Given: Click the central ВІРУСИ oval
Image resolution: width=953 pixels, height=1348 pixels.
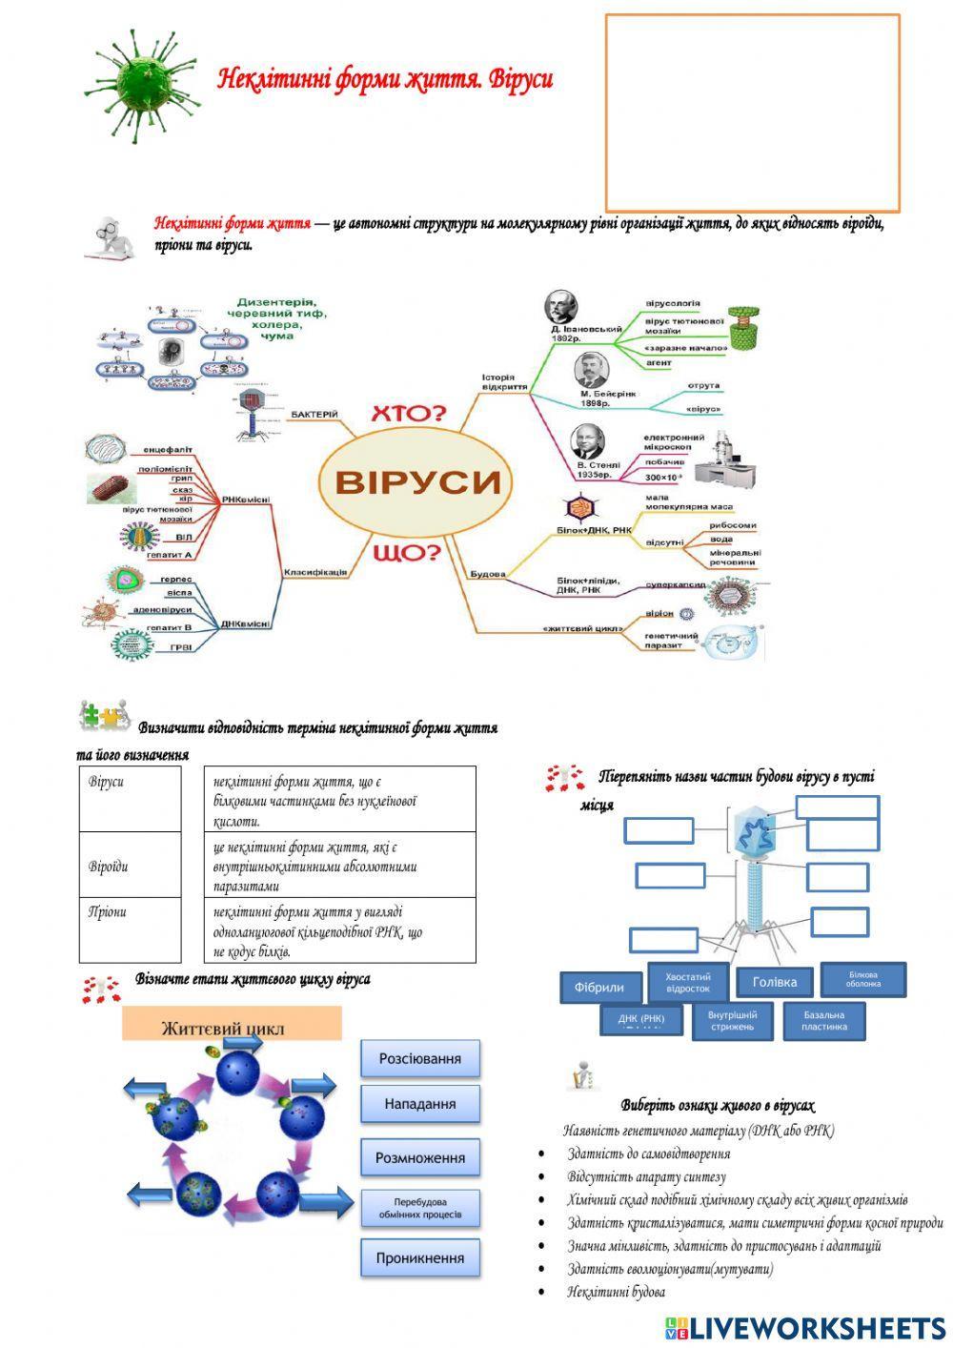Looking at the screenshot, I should [x=416, y=480].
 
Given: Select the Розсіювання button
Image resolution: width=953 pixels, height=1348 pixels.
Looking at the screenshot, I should [x=419, y=1058].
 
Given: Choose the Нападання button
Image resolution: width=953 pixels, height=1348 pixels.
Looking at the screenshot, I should [x=419, y=1104].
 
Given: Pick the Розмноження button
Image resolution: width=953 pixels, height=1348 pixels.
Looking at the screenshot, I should [x=419, y=1158].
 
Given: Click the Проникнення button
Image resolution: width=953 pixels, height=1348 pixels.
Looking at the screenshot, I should [x=419, y=1257].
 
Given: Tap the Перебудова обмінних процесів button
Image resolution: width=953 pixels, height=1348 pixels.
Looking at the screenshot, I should [x=419, y=1208].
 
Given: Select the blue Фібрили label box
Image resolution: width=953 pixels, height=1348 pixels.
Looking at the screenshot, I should [x=599, y=988].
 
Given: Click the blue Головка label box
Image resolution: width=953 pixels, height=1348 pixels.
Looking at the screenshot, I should [x=775, y=982].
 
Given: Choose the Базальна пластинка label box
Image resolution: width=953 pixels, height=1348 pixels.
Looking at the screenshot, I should [x=824, y=1020].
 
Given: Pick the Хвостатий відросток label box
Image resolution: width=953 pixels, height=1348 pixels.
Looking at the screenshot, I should [x=688, y=982].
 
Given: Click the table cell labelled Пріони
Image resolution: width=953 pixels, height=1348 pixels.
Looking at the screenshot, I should [x=130, y=929].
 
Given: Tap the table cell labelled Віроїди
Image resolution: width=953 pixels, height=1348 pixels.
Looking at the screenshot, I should [x=130, y=866].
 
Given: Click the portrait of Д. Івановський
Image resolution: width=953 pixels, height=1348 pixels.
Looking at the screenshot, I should [x=561, y=307].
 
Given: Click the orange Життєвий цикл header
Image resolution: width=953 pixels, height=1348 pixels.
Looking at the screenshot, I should [x=231, y=1027].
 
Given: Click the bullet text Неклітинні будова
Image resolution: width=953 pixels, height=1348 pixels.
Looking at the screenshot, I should [x=616, y=1292].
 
